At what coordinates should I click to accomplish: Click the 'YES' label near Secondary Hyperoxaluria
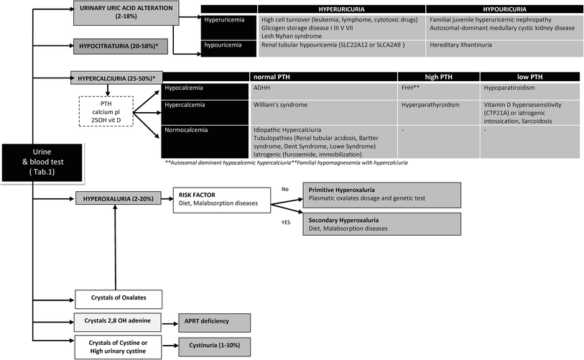(x=284, y=222)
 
